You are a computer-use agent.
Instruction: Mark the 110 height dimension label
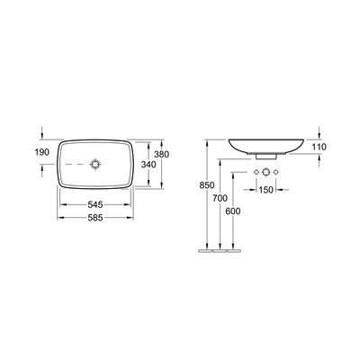pyautogui.click(x=318, y=146)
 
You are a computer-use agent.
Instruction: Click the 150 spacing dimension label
pyautogui.click(x=267, y=190)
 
